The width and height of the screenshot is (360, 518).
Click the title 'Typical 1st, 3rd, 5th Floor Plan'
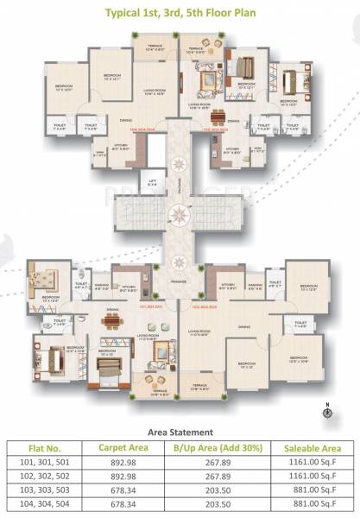click(x=180, y=13)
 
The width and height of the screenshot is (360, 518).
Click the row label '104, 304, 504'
click(x=43, y=507)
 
